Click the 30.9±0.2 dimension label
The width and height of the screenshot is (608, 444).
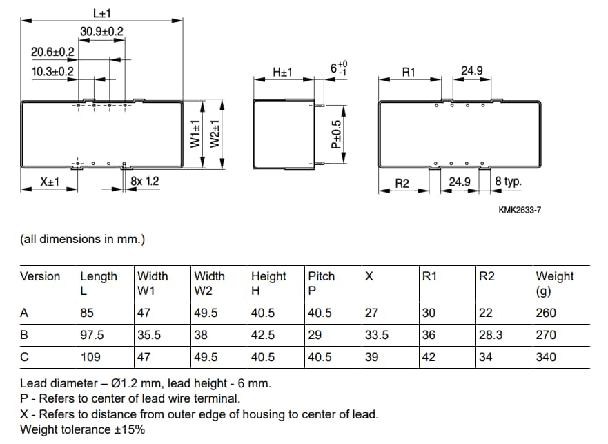101,31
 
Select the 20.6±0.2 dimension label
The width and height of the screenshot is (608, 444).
53,52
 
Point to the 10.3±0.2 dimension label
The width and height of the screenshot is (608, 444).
53,71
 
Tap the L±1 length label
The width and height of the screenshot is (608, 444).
102,12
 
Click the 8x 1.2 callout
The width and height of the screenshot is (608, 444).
144,182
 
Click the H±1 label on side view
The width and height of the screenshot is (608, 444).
283,72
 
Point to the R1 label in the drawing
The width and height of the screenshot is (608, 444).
409,72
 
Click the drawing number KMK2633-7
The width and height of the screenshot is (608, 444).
519,210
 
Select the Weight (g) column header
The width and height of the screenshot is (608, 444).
555,283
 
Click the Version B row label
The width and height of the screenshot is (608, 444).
24,335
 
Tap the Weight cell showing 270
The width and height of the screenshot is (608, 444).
546,335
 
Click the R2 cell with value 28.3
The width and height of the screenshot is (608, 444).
491,335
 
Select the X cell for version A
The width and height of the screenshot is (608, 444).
371,313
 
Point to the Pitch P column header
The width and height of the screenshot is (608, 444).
321,283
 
